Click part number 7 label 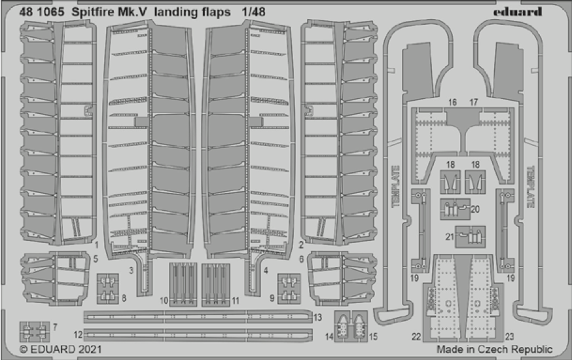[55, 326]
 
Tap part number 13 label [317, 317]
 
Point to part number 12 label [77, 334]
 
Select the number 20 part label [474, 209]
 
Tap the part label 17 [474, 102]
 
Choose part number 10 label [164, 301]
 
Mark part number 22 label [416, 336]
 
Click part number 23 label [509, 336]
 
